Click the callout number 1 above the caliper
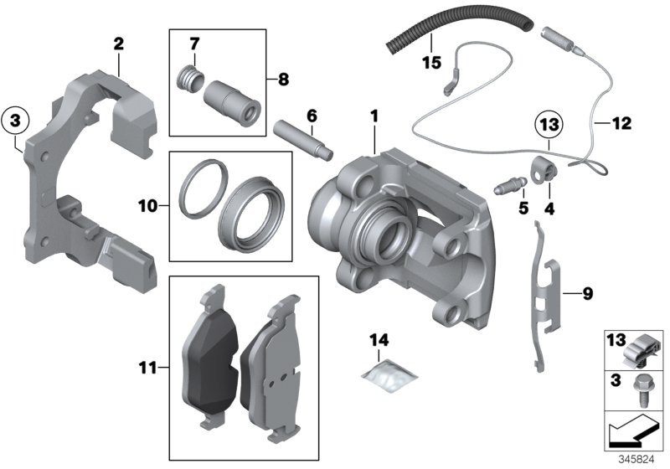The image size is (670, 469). click(374, 113)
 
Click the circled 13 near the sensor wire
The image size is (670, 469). click(548, 124)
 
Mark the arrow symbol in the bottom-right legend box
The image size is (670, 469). click(634, 434)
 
